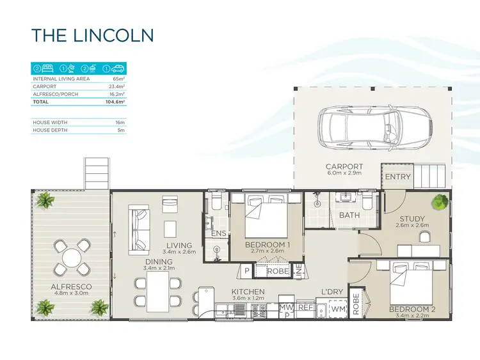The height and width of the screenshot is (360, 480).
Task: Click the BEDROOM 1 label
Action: (x=268, y=245)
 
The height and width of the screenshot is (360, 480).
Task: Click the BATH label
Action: (x=349, y=215)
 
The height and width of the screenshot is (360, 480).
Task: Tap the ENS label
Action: (x=218, y=233)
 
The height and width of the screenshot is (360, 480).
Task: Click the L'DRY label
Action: (x=332, y=292)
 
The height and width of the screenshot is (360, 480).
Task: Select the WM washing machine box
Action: (x=338, y=309)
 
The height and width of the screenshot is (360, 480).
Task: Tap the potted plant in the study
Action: (x=440, y=202)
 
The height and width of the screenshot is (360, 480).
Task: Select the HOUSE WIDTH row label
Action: (x=51, y=121)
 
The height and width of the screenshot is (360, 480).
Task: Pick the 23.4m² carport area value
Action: (x=117, y=86)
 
